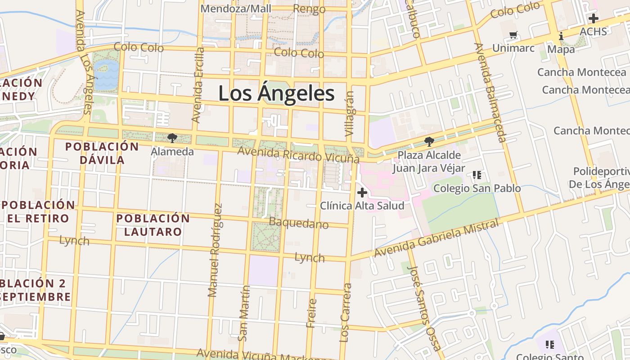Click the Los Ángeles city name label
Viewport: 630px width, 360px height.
click(x=276, y=94)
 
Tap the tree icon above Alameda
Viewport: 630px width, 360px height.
click(x=172, y=138)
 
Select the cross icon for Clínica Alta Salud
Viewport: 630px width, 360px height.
click(x=362, y=193)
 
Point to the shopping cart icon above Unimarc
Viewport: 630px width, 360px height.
click(x=513, y=35)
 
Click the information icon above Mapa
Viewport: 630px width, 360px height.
click(x=561, y=36)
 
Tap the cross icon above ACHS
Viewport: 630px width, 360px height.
click(x=593, y=18)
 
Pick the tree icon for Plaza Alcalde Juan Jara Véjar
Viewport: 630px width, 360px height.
click(x=429, y=142)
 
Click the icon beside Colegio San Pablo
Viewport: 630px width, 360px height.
click(x=477, y=175)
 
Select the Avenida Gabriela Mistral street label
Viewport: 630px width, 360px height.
click(x=436, y=238)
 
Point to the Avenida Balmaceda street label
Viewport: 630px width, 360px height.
click(x=490, y=92)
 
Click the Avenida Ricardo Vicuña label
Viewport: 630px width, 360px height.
click(x=298, y=154)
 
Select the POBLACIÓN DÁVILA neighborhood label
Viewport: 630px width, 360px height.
click(x=102, y=153)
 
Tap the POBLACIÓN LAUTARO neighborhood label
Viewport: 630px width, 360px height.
click(x=153, y=225)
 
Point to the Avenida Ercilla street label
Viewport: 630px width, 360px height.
click(x=198, y=85)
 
